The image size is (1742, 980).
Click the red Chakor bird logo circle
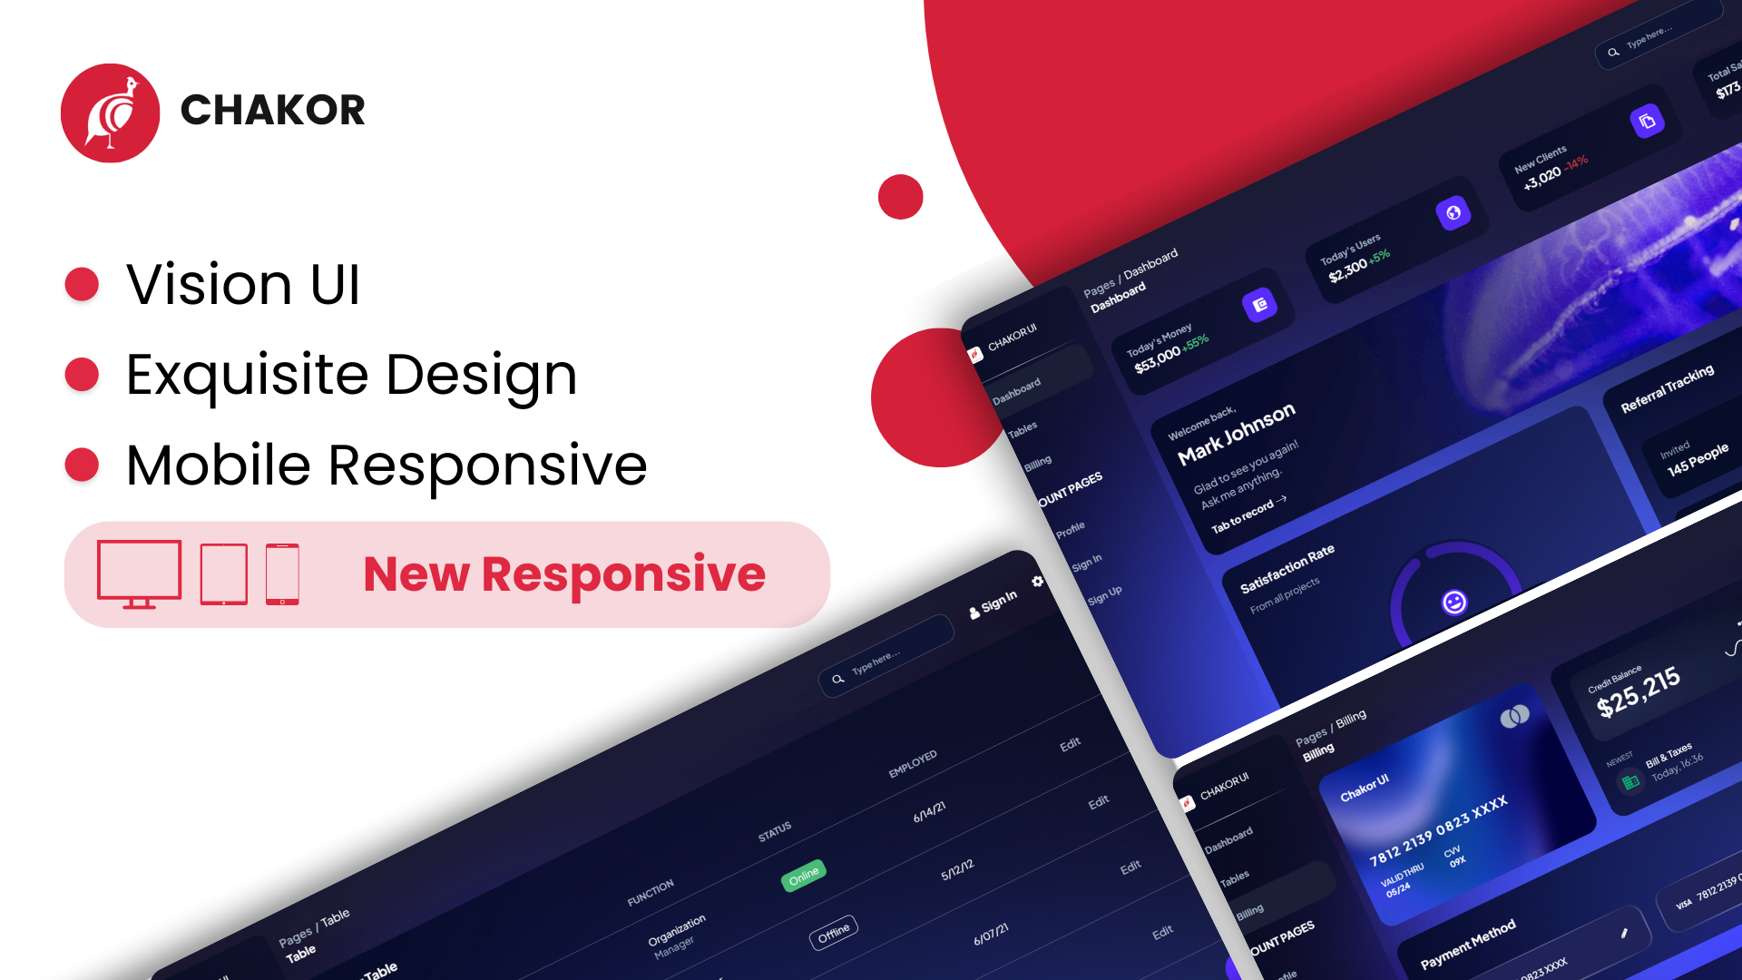110,113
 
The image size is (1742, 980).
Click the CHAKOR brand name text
272,111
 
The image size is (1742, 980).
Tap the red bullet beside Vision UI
82,284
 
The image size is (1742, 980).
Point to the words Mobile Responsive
387,465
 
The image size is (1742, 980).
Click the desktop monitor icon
139,573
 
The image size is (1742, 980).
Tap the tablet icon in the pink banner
223,574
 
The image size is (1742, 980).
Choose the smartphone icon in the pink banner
282,574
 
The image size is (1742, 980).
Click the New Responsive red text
564,574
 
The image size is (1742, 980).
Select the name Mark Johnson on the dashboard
1236,434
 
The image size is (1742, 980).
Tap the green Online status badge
803,876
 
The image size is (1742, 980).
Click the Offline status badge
833,932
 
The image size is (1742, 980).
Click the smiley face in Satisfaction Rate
1454,603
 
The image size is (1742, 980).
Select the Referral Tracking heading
1667,388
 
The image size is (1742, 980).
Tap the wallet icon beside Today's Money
1259,306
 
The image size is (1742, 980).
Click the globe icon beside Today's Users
1453,213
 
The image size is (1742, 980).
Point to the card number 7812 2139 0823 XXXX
1438,830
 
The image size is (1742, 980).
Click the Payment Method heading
1467,944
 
